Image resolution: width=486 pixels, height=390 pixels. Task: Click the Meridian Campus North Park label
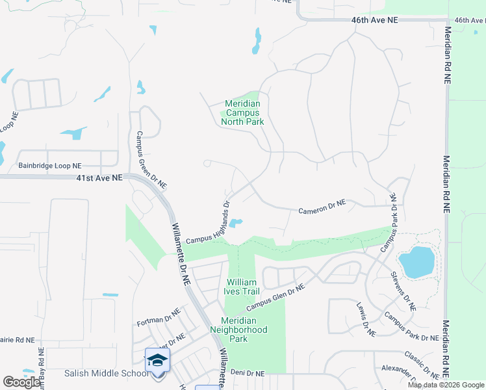tap(242, 112)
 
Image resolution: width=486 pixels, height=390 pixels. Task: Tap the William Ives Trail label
tap(242, 287)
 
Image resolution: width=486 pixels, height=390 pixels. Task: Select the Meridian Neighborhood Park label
tap(244, 330)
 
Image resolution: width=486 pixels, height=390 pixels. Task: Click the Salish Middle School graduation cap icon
tap(157, 361)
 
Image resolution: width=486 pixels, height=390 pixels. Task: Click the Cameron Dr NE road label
tap(322, 207)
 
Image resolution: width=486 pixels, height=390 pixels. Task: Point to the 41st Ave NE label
tap(99, 177)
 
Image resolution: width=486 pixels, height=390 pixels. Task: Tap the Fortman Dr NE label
tap(157, 322)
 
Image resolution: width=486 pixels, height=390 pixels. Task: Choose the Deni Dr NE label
tap(248, 373)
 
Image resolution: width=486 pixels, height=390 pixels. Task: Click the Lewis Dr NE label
tap(366, 319)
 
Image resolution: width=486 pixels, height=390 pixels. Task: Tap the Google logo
tap(21, 382)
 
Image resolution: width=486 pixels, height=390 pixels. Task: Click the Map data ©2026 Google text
tap(446, 385)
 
